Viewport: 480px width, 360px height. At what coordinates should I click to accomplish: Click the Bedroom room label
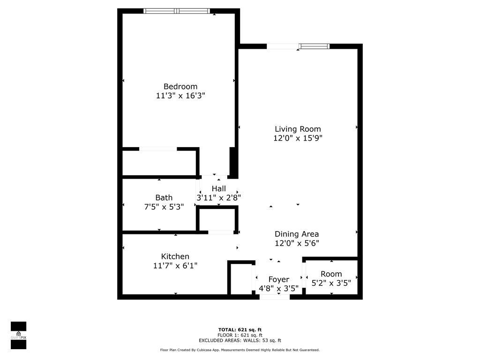click(x=180, y=87)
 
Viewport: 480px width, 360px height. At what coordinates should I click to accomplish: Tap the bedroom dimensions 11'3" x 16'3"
click(x=180, y=96)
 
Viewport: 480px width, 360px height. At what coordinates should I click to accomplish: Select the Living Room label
click(x=298, y=129)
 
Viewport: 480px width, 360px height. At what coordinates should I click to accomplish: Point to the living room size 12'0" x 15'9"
click(x=298, y=138)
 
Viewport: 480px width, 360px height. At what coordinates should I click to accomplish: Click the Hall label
click(x=218, y=188)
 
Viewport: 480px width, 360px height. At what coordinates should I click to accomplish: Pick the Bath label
click(x=164, y=198)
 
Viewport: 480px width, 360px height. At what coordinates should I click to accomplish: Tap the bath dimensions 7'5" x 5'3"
click(x=164, y=207)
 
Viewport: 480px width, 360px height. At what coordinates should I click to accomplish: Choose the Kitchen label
click(x=175, y=256)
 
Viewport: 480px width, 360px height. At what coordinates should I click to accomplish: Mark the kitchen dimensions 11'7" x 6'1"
click(x=175, y=266)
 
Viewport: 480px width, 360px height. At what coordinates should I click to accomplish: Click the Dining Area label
click(x=297, y=234)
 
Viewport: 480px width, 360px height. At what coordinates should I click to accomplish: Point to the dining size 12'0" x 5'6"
click(x=297, y=243)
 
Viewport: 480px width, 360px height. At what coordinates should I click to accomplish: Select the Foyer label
click(x=278, y=279)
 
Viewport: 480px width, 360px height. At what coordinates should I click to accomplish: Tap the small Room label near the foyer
click(x=331, y=274)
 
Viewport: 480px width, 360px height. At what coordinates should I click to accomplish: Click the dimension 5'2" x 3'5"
click(x=331, y=283)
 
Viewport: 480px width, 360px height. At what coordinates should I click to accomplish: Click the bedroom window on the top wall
click(x=177, y=11)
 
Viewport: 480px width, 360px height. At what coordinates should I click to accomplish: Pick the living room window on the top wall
click(x=314, y=46)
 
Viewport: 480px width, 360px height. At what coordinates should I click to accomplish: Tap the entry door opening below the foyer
click(x=275, y=297)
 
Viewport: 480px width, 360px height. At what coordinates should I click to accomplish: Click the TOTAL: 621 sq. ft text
click(x=240, y=330)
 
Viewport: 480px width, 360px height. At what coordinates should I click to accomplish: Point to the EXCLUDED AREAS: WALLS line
click(x=240, y=340)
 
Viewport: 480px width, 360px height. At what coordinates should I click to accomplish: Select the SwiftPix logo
click(x=18, y=335)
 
